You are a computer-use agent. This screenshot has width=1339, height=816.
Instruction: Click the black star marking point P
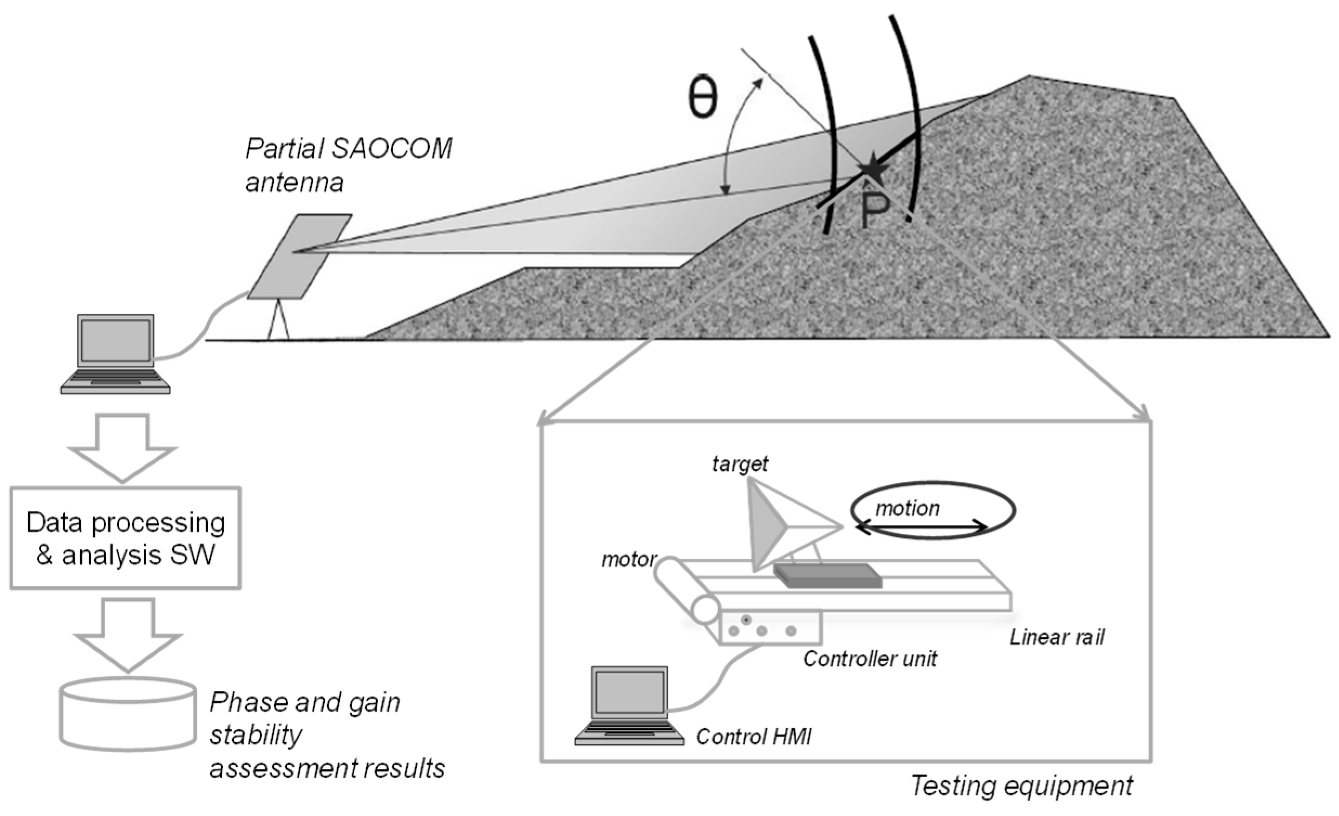point(872,170)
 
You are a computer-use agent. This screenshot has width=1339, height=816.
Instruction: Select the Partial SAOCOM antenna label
point(348,165)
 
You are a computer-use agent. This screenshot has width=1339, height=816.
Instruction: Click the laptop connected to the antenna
point(115,353)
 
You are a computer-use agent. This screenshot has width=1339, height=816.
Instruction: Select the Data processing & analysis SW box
point(125,537)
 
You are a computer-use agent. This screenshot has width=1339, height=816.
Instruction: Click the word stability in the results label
point(256,736)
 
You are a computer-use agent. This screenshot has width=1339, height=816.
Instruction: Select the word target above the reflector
point(740,464)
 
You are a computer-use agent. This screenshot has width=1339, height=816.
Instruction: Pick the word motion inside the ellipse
point(907,508)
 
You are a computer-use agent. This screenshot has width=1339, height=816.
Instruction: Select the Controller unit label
point(870,658)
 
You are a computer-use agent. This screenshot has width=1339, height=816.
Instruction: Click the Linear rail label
point(1056,637)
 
